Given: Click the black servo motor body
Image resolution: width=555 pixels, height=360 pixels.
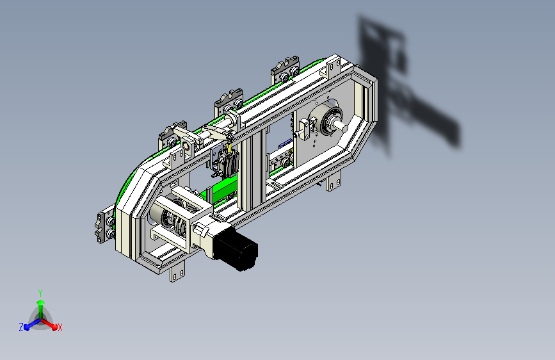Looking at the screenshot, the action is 236,248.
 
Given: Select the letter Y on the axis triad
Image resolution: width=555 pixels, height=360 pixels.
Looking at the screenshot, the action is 40,293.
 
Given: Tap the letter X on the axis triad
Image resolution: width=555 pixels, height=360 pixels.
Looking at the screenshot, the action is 60,328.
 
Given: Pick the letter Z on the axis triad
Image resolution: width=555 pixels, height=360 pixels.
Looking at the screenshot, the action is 21,327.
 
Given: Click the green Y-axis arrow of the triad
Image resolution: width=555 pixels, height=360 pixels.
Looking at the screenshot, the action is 41,309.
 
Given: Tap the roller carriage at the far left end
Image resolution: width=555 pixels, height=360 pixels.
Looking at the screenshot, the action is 105,226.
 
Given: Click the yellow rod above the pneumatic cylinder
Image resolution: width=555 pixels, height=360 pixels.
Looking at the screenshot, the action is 229,147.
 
